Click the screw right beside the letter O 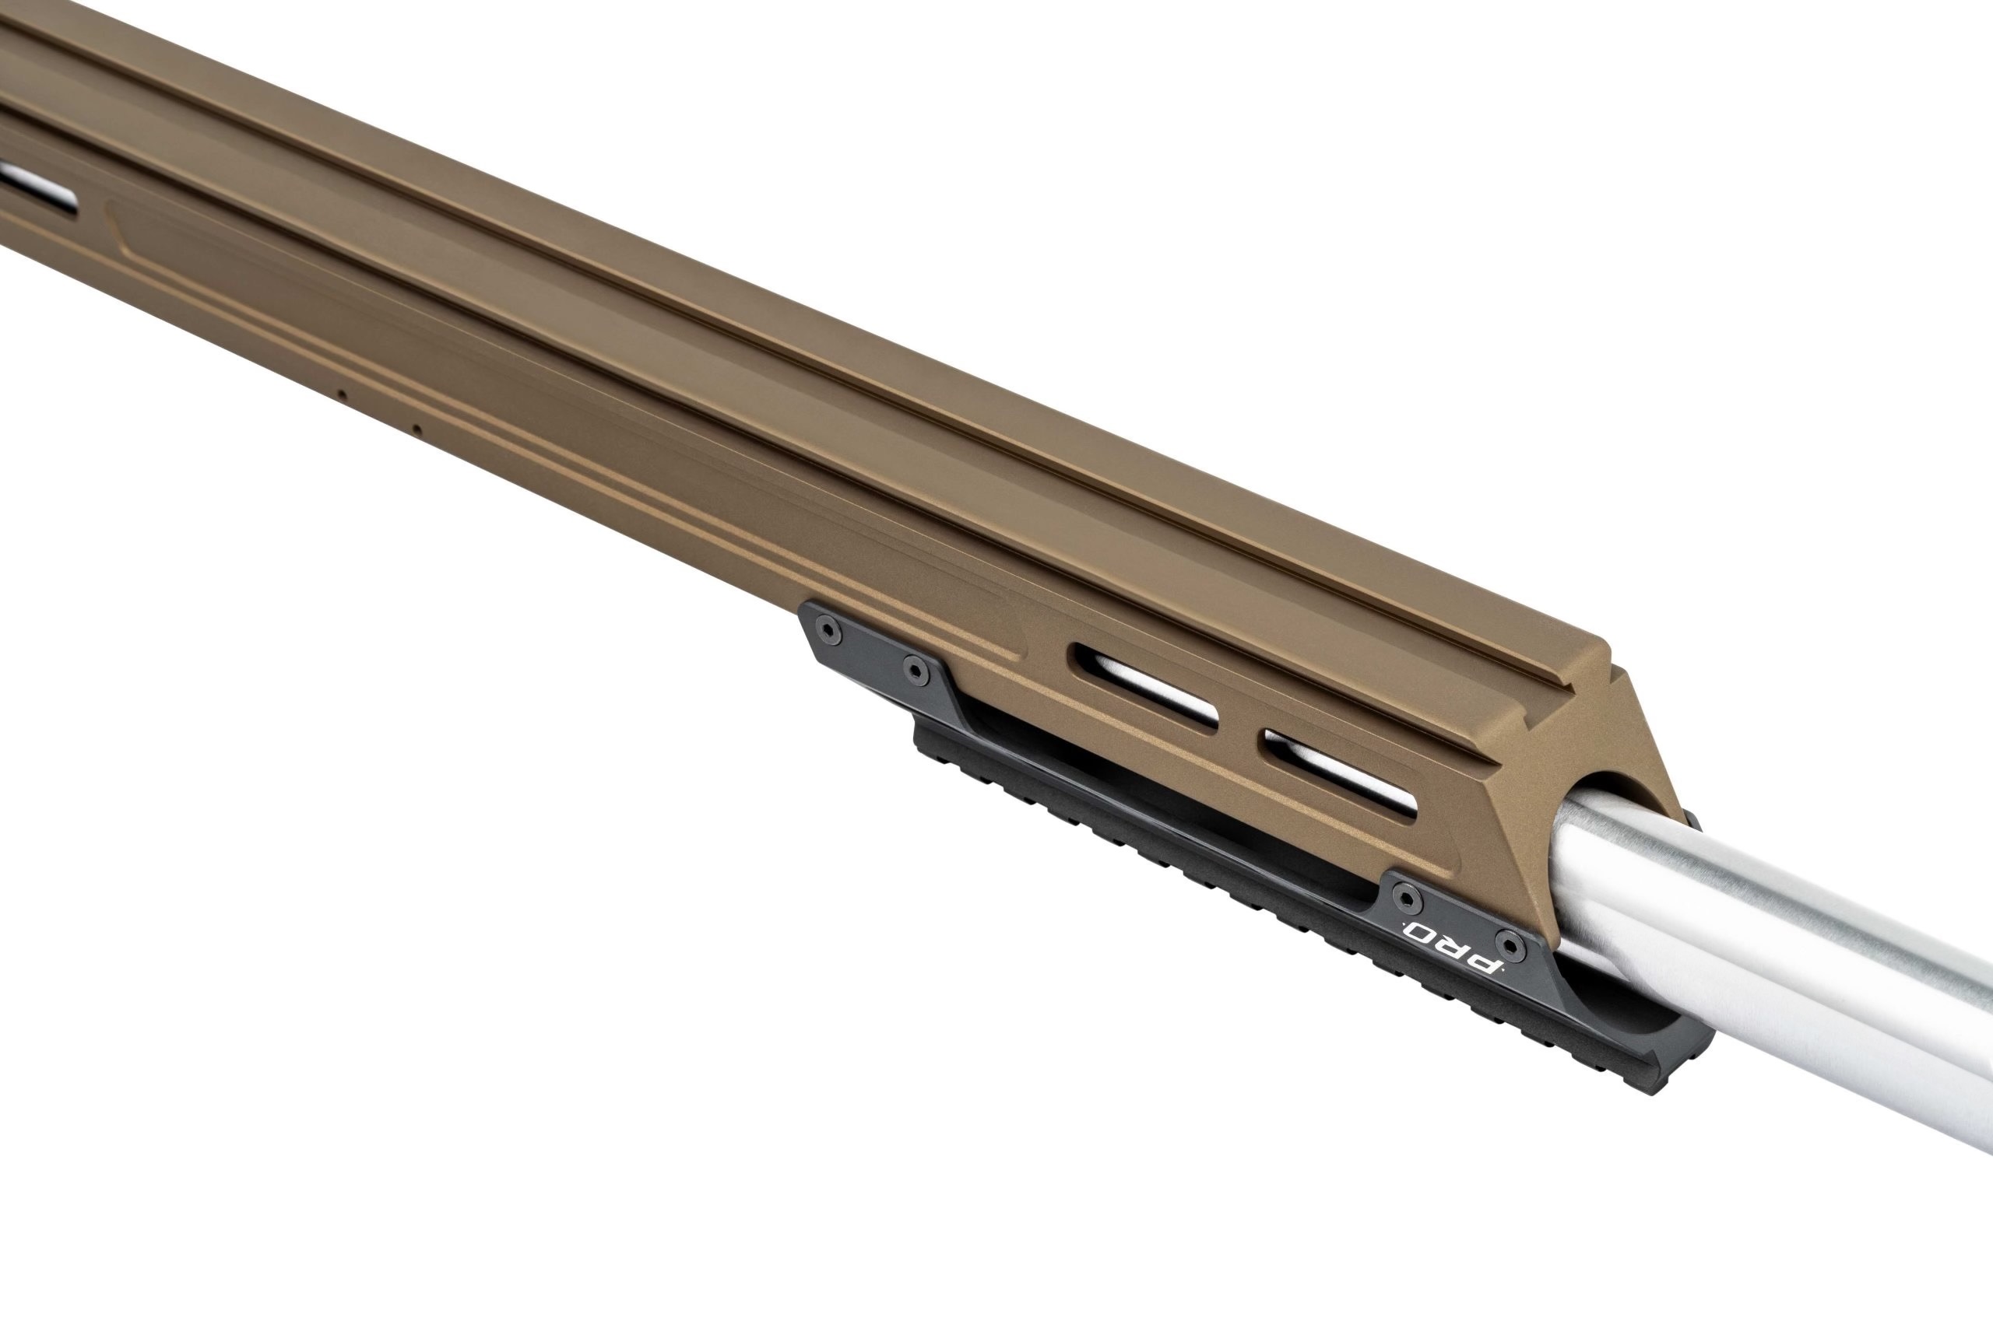click(1408, 896)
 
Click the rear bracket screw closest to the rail click(913, 670)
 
